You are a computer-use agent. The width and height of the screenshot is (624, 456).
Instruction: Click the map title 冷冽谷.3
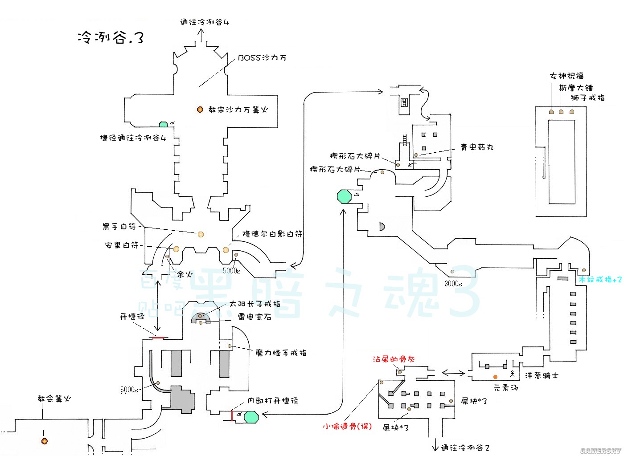(x=111, y=37)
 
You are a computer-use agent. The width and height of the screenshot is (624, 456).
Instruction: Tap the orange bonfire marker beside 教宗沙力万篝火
(x=200, y=110)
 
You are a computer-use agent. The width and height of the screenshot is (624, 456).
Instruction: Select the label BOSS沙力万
(x=262, y=58)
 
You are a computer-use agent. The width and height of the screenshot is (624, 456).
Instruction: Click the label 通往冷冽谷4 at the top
(x=205, y=22)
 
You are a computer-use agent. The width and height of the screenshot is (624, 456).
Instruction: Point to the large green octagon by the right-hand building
(x=344, y=196)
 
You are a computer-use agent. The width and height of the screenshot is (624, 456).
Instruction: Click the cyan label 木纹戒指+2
(x=600, y=280)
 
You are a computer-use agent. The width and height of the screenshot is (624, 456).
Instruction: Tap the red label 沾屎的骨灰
(x=394, y=359)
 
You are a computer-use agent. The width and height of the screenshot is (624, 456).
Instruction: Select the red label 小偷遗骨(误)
(x=347, y=426)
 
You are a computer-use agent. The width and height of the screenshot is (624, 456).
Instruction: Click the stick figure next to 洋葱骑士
(x=513, y=374)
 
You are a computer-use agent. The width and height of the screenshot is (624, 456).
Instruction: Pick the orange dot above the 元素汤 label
(x=495, y=377)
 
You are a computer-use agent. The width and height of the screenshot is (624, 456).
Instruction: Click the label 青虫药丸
(x=477, y=147)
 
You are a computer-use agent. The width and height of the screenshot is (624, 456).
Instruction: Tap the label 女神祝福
(x=567, y=76)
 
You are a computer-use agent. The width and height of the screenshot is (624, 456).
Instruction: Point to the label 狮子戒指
(x=587, y=98)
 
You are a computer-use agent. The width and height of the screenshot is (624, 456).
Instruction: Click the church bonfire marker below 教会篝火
(x=44, y=441)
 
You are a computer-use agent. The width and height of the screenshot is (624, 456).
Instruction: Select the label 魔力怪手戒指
(x=281, y=353)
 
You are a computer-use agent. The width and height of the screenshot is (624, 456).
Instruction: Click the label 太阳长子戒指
(x=255, y=304)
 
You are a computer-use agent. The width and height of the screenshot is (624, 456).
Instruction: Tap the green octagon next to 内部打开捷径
(x=251, y=417)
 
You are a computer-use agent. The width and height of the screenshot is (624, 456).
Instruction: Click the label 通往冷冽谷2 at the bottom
(x=465, y=448)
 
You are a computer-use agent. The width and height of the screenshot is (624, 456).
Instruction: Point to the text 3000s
(x=453, y=284)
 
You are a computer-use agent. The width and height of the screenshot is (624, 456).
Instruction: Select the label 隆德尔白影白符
(x=272, y=234)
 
